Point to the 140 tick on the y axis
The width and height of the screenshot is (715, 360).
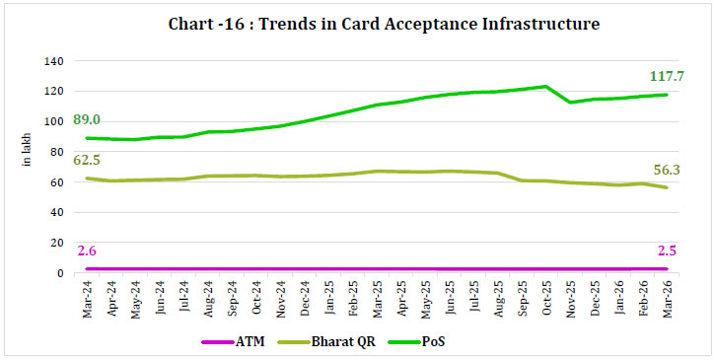point(53,61)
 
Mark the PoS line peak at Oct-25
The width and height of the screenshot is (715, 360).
point(545,86)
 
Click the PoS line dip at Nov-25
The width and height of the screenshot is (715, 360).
point(570,102)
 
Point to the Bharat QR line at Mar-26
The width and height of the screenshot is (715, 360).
point(667,187)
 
